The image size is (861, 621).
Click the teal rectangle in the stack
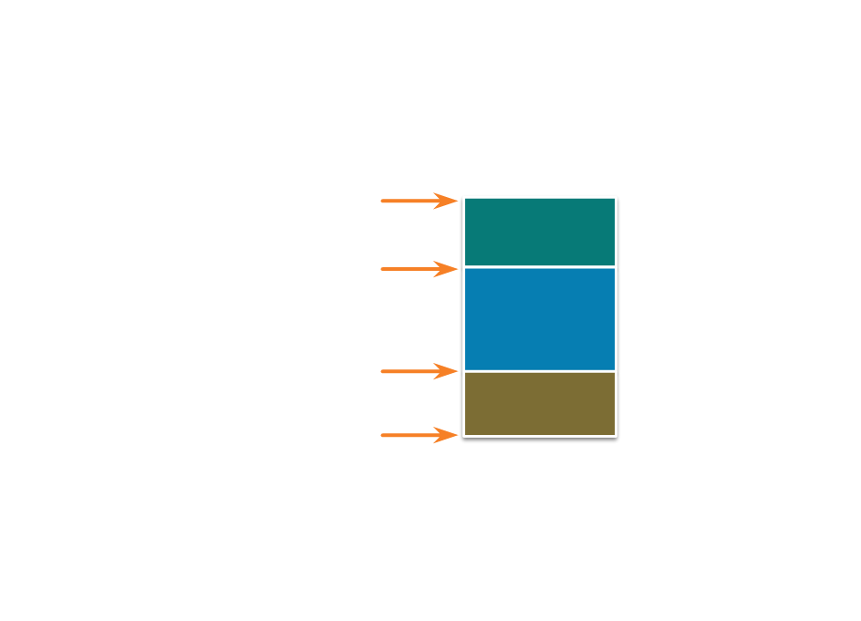tap(540, 232)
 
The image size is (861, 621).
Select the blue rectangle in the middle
tap(540, 319)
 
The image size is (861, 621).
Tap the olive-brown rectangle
tap(540, 404)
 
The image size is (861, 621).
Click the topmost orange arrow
tap(415, 201)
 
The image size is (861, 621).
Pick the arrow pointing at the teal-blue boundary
tap(415, 269)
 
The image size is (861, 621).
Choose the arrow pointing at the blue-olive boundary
tap(415, 371)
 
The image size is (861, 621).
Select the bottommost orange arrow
tap(415, 435)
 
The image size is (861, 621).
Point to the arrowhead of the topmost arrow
tap(448, 201)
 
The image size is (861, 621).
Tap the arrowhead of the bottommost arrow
tap(448, 435)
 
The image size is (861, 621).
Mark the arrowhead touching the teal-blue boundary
tap(448, 269)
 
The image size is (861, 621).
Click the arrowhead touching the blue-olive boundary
tap(448, 371)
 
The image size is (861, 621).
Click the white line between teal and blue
tap(540, 267)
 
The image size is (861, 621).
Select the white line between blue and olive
tap(540, 371)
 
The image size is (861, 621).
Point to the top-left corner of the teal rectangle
tap(464, 197)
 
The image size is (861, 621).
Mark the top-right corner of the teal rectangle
tap(616, 197)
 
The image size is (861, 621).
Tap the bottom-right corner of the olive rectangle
tap(616, 435)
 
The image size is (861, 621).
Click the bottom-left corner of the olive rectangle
tap(464, 435)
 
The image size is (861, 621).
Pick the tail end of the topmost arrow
tap(383, 201)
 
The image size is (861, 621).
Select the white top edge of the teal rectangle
tap(540, 197)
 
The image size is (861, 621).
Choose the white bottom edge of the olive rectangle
tap(540, 435)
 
